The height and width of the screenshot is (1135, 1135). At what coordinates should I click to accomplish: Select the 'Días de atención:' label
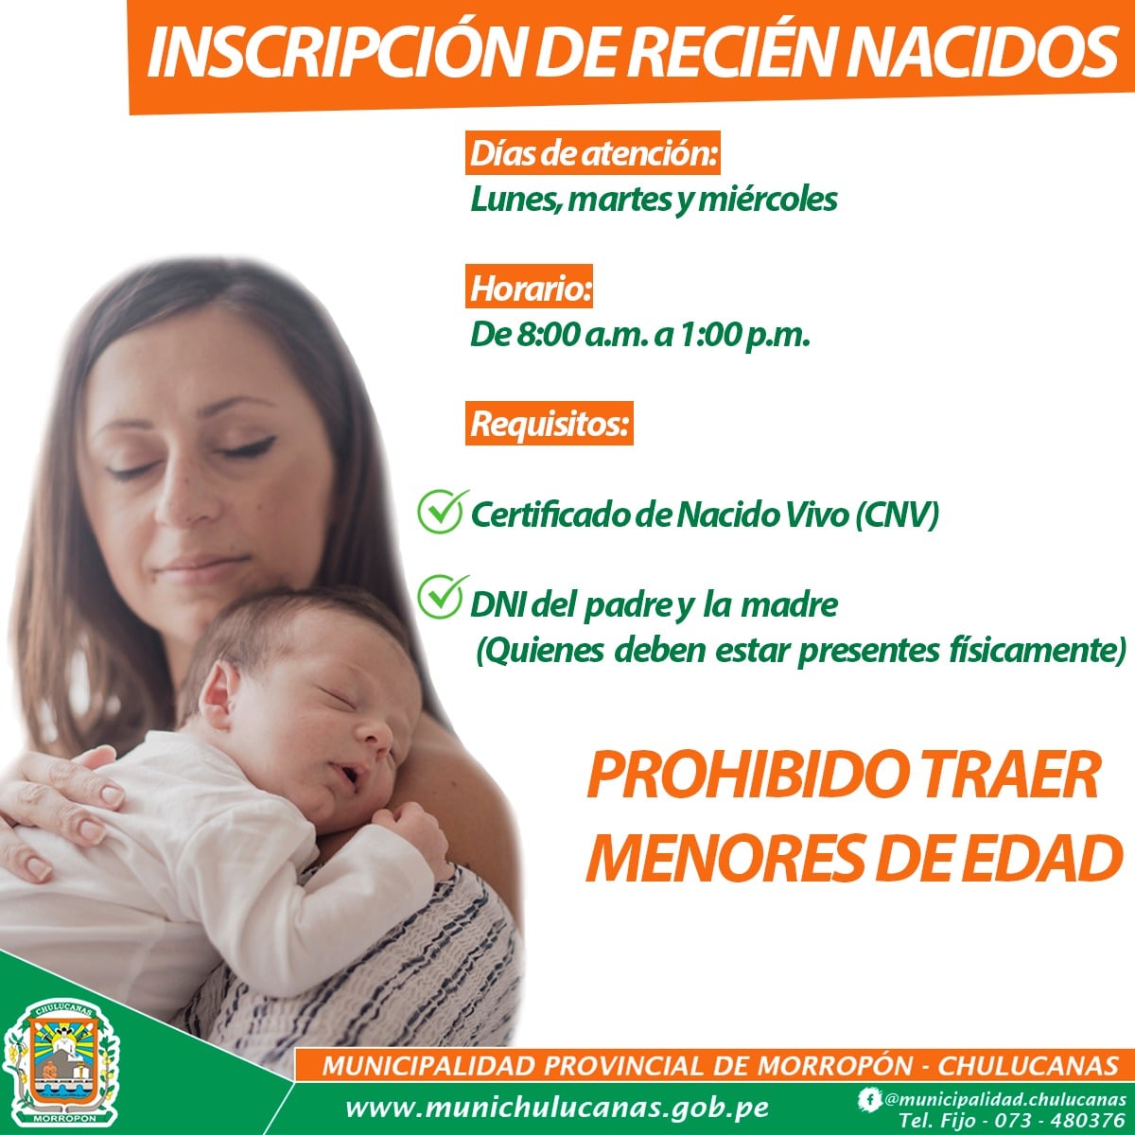593,153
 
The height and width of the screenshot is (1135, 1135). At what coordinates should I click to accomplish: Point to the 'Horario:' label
530,288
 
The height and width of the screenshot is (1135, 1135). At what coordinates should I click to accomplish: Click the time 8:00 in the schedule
548,336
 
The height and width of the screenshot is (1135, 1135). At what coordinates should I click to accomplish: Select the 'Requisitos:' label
550,424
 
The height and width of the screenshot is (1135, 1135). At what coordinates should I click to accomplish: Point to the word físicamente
1038,650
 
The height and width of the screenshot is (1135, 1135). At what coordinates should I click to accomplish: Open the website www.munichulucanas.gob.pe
556,1108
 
